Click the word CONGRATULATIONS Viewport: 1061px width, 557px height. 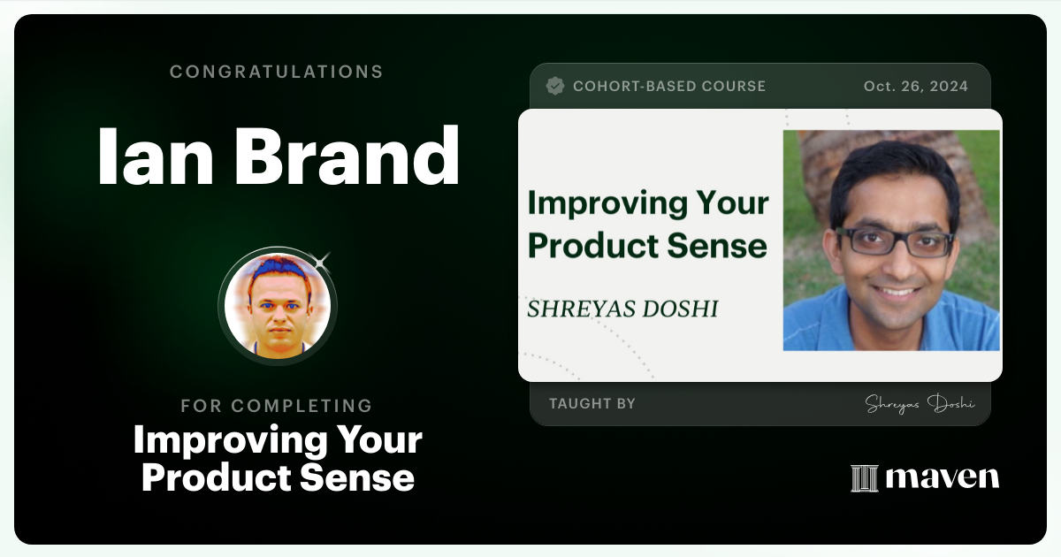[276, 72]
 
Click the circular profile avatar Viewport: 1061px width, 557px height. [277, 305]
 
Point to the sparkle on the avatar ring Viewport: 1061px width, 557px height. [322, 260]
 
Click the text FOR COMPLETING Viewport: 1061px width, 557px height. [276, 406]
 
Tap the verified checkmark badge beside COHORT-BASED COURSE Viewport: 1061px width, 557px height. [555, 86]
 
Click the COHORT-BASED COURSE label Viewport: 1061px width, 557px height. [669, 87]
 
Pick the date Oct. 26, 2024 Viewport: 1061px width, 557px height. [915, 87]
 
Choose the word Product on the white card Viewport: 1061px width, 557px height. [590, 245]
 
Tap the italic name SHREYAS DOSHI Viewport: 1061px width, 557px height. [622, 309]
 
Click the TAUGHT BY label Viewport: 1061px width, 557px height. [592, 404]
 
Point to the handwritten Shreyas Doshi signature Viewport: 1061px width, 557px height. [920, 404]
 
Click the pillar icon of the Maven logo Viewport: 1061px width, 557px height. [863, 477]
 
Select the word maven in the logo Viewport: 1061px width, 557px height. [942, 477]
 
